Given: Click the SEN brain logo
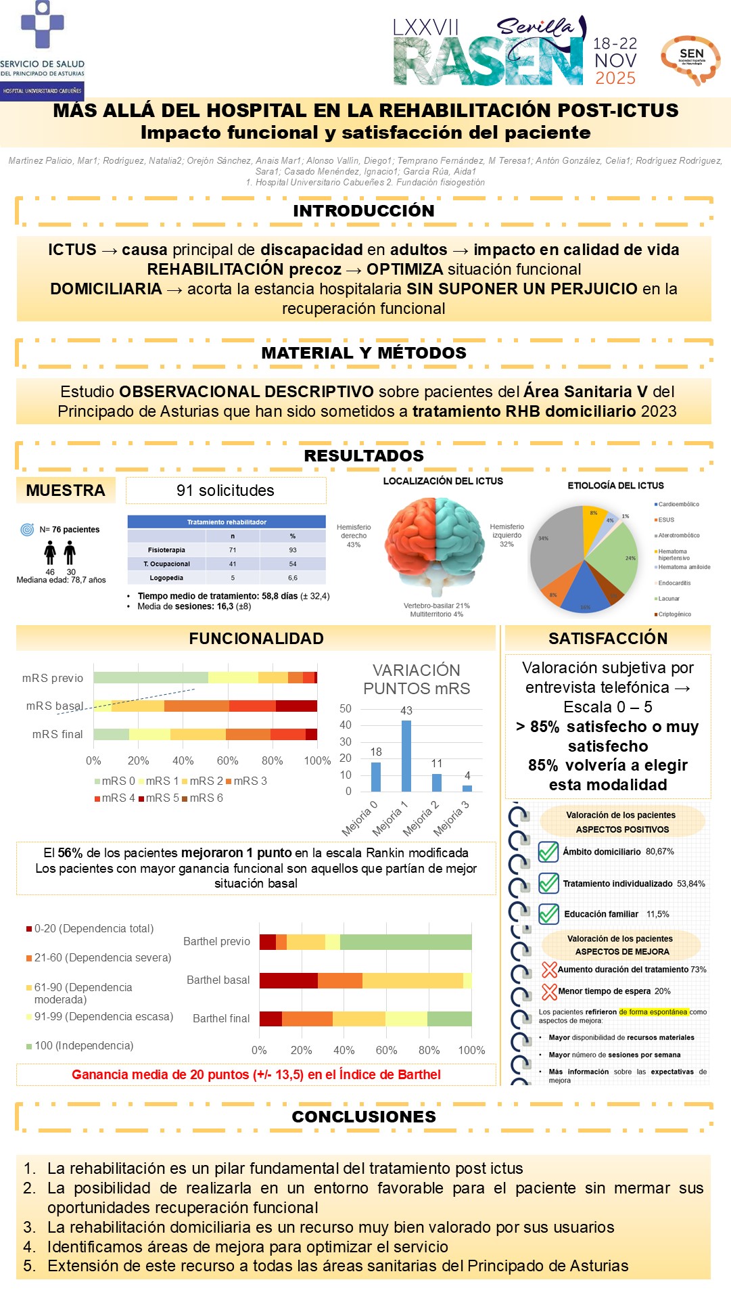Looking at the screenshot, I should click(x=690, y=60).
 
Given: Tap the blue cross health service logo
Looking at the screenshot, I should click(x=42, y=25).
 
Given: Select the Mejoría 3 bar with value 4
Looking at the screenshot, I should click(x=467, y=788).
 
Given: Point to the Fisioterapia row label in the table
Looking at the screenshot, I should click(x=166, y=550).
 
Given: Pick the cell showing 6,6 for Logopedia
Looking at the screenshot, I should click(x=293, y=578).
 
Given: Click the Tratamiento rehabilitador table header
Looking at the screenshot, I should click(x=227, y=522).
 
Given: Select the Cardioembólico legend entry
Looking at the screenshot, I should click(x=677, y=504).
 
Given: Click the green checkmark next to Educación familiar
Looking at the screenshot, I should click(x=548, y=914).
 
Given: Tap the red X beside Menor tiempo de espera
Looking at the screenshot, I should click(x=549, y=992).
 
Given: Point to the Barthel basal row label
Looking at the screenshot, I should click(x=218, y=980).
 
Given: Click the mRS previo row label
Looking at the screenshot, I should click(x=53, y=678).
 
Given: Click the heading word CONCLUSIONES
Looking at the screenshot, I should click(x=364, y=1116).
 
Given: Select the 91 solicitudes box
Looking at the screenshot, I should click(x=226, y=491).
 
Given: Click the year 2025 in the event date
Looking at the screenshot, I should click(x=615, y=78).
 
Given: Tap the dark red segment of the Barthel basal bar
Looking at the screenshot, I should click(x=289, y=980).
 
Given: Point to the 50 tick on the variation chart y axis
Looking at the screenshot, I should click(x=346, y=708).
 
